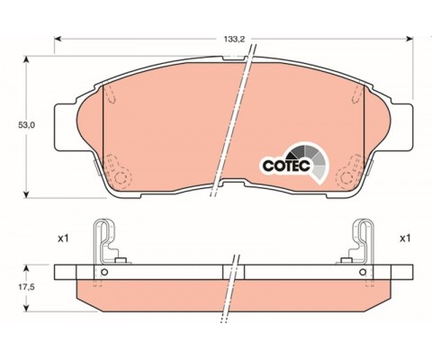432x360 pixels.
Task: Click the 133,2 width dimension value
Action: pos(234,39)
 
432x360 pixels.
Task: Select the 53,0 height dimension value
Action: pos(27,125)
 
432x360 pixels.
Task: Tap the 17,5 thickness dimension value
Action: pos(27,287)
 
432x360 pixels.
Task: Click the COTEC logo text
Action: pos(286,166)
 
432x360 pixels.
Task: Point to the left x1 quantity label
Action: pos(63,238)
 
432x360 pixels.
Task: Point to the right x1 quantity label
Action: pos(405,238)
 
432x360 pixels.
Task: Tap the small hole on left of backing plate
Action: pos(104,272)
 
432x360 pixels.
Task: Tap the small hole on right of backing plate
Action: pos(363,272)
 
